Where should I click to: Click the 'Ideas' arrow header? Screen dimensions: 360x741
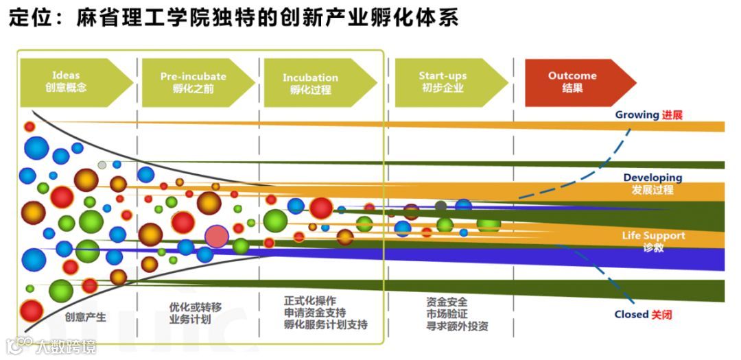pyautogui.click(x=69, y=82)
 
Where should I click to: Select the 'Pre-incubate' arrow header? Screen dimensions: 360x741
pyautogui.click(x=192, y=82)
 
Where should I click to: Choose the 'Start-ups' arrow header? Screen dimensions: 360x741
pyautogui.click(x=443, y=82)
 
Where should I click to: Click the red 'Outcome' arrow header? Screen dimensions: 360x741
pyautogui.click(x=572, y=82)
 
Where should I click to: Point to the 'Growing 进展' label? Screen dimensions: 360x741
pyautogui.click(x=648, y=115)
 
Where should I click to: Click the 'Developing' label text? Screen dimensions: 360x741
pyautogui.click(x=652, y=178)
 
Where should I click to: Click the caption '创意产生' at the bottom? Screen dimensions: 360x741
pyautogui.click(x=86, y=317)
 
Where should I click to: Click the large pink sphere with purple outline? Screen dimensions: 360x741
pyautogui.click(x=217, y=236)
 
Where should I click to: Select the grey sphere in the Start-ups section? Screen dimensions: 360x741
pyautogui.click(x=440, y=206)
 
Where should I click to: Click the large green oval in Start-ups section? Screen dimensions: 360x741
pyautogui.click(x=489, y=224)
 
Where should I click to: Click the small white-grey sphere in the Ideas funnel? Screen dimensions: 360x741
pyautogui.click(x=102, y=165)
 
